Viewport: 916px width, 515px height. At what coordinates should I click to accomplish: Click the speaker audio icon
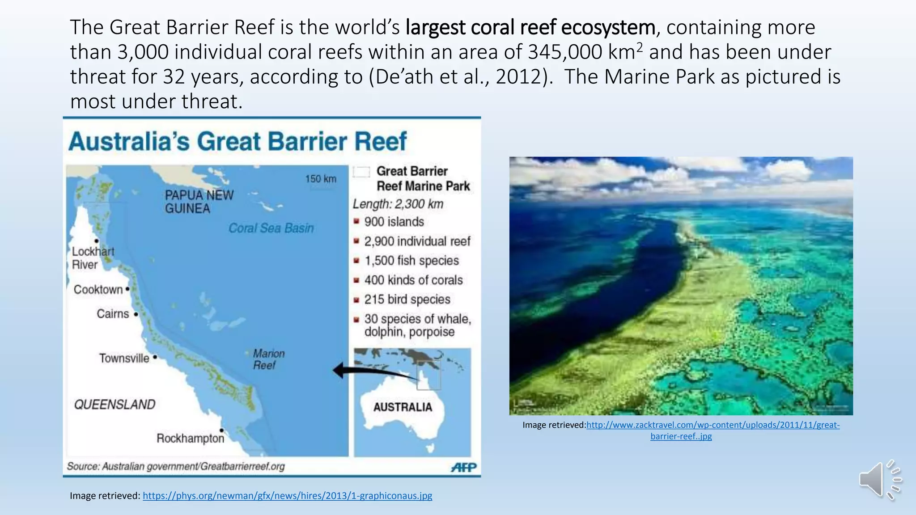tap(879, 480)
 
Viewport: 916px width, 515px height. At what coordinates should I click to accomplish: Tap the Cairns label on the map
tap(113, 314)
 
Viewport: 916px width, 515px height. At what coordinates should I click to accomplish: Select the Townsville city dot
tap(155, 357)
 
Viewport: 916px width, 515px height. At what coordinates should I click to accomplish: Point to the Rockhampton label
tap(190, 438)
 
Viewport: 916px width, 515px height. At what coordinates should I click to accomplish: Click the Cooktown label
tap(98, 290)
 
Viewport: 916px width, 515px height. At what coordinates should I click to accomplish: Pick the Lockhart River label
tap(93, 258)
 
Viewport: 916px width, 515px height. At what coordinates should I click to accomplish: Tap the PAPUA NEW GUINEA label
tap(199, 202)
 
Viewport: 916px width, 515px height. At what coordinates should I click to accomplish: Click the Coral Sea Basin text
tap(271, 228)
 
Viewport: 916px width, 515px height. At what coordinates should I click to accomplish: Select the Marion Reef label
tap(268, 359)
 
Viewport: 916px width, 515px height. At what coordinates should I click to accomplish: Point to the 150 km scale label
tap(320, 179)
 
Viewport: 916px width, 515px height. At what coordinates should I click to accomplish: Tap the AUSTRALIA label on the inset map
tap(403, 407)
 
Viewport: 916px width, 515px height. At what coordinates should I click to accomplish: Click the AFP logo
tap(464, 467)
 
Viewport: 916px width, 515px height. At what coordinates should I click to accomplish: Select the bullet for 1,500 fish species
tap(356, 261)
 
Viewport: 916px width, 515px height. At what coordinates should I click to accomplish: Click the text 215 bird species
tap(407, 300)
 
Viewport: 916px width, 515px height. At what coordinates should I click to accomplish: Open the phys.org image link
tap(287, 495)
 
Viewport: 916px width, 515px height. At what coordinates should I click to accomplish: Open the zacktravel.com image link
tap(712, 425)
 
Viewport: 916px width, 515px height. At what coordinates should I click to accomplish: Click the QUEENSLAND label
tap(114, 405)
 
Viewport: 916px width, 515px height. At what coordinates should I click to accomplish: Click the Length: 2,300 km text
tap(398, 204)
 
